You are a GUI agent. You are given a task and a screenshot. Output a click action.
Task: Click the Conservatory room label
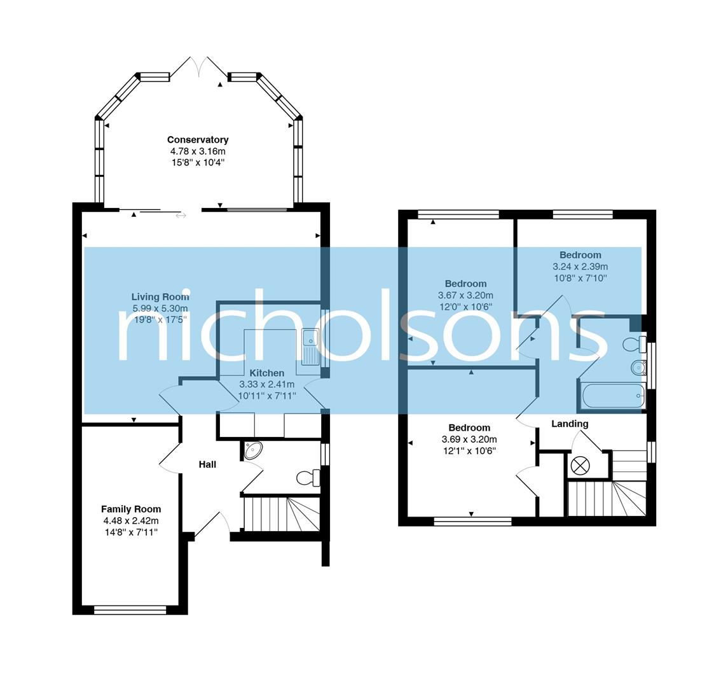[x=198, y=139]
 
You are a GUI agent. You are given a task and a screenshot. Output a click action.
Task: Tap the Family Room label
[x=131, y=509]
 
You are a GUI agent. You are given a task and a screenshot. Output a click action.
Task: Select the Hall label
[x=207, y=464]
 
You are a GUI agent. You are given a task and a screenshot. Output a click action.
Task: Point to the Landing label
[x=569, y=424]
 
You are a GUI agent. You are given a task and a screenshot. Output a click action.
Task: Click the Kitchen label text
[x=266, y=373]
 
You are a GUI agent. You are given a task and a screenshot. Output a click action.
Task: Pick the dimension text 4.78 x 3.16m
[x=198, y=151]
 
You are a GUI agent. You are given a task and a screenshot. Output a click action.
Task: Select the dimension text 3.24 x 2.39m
[x=580, y=267]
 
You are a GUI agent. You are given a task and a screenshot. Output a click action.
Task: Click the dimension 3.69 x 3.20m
[x=469, y=440]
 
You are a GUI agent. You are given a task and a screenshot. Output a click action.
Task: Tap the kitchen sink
[x=311, y=347]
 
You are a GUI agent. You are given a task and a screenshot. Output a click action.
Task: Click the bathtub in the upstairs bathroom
[x=612, y=396]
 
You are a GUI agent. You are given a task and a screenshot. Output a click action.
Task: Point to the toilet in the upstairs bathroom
[x=634, y=345]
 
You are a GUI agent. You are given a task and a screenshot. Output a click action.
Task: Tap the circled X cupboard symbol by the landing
[x=580, y=466]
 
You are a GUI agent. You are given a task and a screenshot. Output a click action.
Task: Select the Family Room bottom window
[x=130, y=610]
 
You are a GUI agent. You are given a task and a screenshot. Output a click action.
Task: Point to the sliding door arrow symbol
[x=181, y=216]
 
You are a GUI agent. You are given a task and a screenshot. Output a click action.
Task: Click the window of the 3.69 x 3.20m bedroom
[x=472, y=522]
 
